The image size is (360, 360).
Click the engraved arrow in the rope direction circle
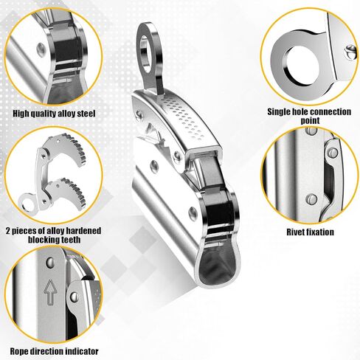pos(50,292)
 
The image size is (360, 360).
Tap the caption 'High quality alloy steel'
pos(54,114)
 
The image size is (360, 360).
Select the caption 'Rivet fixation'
pos(310,232)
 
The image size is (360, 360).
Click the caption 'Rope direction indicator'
pos(54,351)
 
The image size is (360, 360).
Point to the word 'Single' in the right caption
pos(279,112)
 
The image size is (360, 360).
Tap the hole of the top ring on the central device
pos(145,54)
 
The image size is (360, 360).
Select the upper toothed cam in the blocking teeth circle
pos(65,150)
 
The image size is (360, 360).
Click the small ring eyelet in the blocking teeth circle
pos(28,202)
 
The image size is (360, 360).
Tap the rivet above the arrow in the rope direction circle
pos(50,263)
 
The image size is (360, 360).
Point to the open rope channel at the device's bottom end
pos(215,267)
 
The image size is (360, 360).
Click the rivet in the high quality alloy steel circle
pos(41,49)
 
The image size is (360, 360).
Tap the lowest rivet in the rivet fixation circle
pos(311,199)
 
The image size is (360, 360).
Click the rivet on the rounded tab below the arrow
pos(74,297)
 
